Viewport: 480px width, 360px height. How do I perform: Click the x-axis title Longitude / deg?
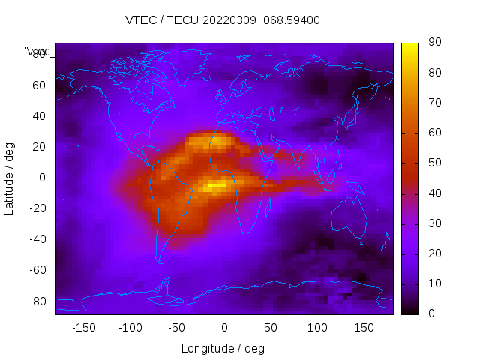pos(223,349)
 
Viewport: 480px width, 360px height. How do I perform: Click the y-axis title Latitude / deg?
pos(10,177)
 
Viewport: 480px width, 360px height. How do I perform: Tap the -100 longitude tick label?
pos(130,328)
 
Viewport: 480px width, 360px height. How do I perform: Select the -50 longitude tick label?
pos(177,328)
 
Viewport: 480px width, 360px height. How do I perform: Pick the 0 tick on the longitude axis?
pos(223,328)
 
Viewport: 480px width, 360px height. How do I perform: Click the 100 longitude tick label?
pos(317,328)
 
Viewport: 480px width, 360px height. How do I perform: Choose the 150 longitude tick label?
pos(364,328)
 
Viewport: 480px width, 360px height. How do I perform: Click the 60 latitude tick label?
pos(38,85)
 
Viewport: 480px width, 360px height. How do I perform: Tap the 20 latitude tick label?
pos(38,146)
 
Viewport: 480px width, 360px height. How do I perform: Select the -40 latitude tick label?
pos(37,239)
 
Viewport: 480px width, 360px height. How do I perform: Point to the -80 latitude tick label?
pos(37,301)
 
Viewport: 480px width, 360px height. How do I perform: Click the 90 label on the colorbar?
pos(434,43)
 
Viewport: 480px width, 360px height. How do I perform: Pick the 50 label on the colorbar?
pos(434,163)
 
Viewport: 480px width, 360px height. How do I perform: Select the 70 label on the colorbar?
pos(434,103)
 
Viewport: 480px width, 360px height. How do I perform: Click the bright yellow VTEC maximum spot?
pos(216,184)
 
